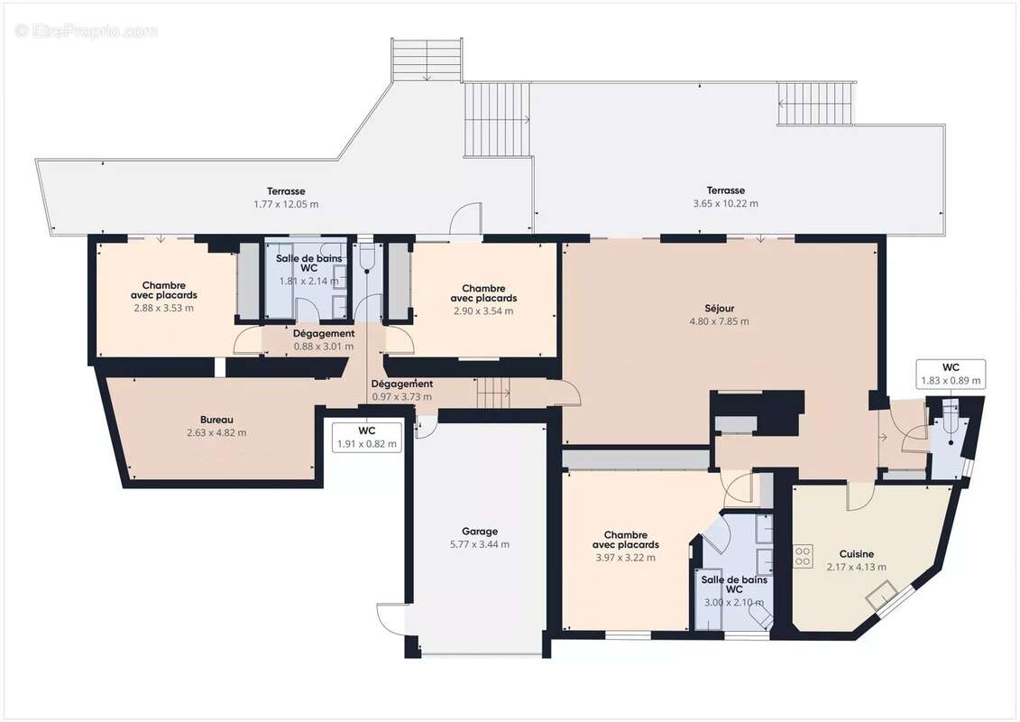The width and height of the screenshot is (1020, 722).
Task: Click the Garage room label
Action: coord(479,532)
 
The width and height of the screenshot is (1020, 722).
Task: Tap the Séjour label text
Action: coord(719,308)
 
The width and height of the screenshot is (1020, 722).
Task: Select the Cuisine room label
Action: coord(856,554)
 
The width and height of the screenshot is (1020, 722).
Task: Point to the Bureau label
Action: coord(216,420)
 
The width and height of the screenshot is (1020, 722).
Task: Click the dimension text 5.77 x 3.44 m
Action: coord(479,544)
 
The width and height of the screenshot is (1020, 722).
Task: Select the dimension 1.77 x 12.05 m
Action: coord(286,204)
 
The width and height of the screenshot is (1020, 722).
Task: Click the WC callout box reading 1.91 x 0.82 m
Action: coord(367,437)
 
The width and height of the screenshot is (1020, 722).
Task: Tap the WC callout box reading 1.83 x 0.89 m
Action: coord(950,374)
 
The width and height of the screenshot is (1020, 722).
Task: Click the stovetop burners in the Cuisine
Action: coord(802,556)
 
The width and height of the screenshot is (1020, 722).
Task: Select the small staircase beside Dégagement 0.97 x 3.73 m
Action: coord(493,393)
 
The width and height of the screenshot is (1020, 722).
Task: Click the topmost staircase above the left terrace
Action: coord(427,60)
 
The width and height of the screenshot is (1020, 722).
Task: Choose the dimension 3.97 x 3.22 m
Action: coord(625,557)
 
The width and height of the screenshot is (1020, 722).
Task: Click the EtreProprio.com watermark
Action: coord(87,31)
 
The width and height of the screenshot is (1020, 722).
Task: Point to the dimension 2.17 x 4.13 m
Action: coord(856,567)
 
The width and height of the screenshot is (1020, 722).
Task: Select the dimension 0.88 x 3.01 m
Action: coord(324,346)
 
